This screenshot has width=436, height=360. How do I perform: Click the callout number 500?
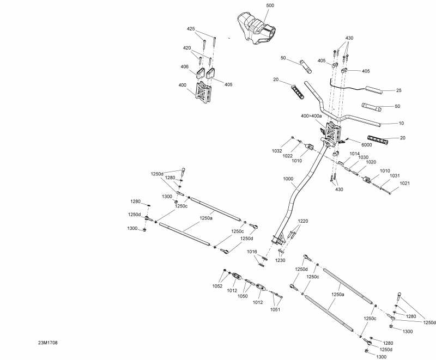[x=270, y=5]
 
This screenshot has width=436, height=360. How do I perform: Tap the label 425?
[x=191, y=28]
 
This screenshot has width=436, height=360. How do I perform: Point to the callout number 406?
[x=184, y=67]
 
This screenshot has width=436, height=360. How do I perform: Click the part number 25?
[x=398, y=90]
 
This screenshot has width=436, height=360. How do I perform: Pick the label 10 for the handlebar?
[x=402, y=124]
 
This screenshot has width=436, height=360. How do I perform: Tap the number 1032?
[x=277, y=150]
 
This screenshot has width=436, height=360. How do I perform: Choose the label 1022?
[x=288, y=156]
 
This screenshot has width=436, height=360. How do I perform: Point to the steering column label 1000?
[x=288, y=179]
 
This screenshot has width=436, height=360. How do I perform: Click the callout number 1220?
[x=302, y=221]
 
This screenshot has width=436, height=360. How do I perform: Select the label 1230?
[x=280, y=261]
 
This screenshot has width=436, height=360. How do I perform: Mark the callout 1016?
[x=252, y=252]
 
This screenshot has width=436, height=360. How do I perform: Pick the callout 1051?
[x=276, y=309]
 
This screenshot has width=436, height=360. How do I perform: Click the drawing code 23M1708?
[x=48, y=343]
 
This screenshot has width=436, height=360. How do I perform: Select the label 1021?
[x=404, y=184]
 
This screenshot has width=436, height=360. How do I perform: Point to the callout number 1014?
[x=355, y=154]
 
